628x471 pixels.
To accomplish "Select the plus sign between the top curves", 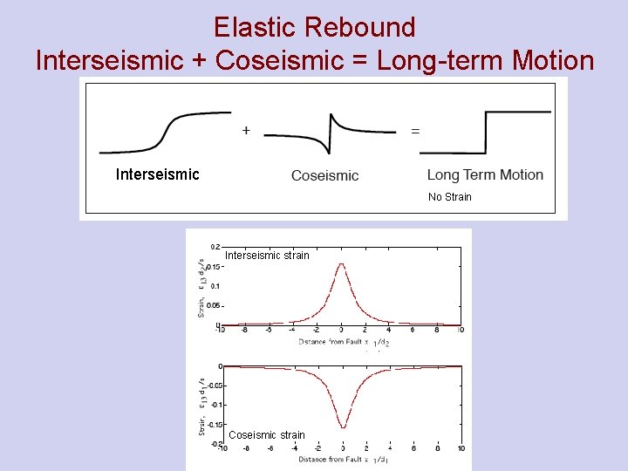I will (x=246, y=130).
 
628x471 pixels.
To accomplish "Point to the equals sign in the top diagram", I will (x=414, y=131).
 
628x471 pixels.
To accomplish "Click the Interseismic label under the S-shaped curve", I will (x=157, y=174).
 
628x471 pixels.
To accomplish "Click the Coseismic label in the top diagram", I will (x=324, y=175).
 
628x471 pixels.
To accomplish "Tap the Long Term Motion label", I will (x=485, y=174).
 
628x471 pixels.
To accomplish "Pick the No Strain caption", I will (x=449, y=197).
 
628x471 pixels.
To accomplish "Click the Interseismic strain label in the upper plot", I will (x=267, y=256).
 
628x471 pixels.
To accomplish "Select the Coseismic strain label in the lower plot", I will (x=267, y=435).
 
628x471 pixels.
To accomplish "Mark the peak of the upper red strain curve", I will (x=342, y=264).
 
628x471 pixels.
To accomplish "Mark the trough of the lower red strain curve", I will (x=342, y=427).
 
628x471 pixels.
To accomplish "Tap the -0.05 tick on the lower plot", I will (x=212, y=385).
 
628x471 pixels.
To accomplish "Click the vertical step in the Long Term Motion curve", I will (x=484, y=131).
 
